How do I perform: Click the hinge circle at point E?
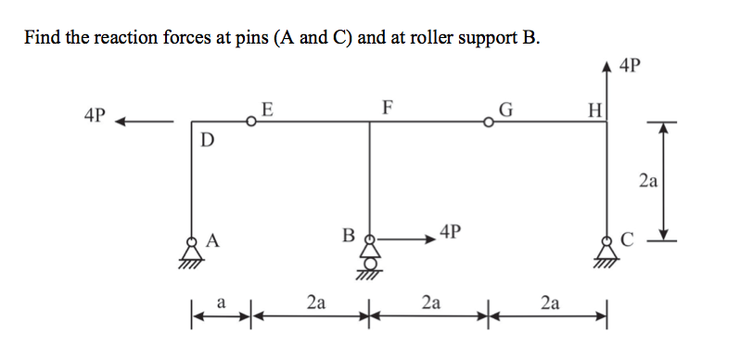pos(251,121)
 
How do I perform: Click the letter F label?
pos(387,106)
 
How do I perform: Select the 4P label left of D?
pos(95,117)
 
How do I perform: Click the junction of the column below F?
pos(370,121)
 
